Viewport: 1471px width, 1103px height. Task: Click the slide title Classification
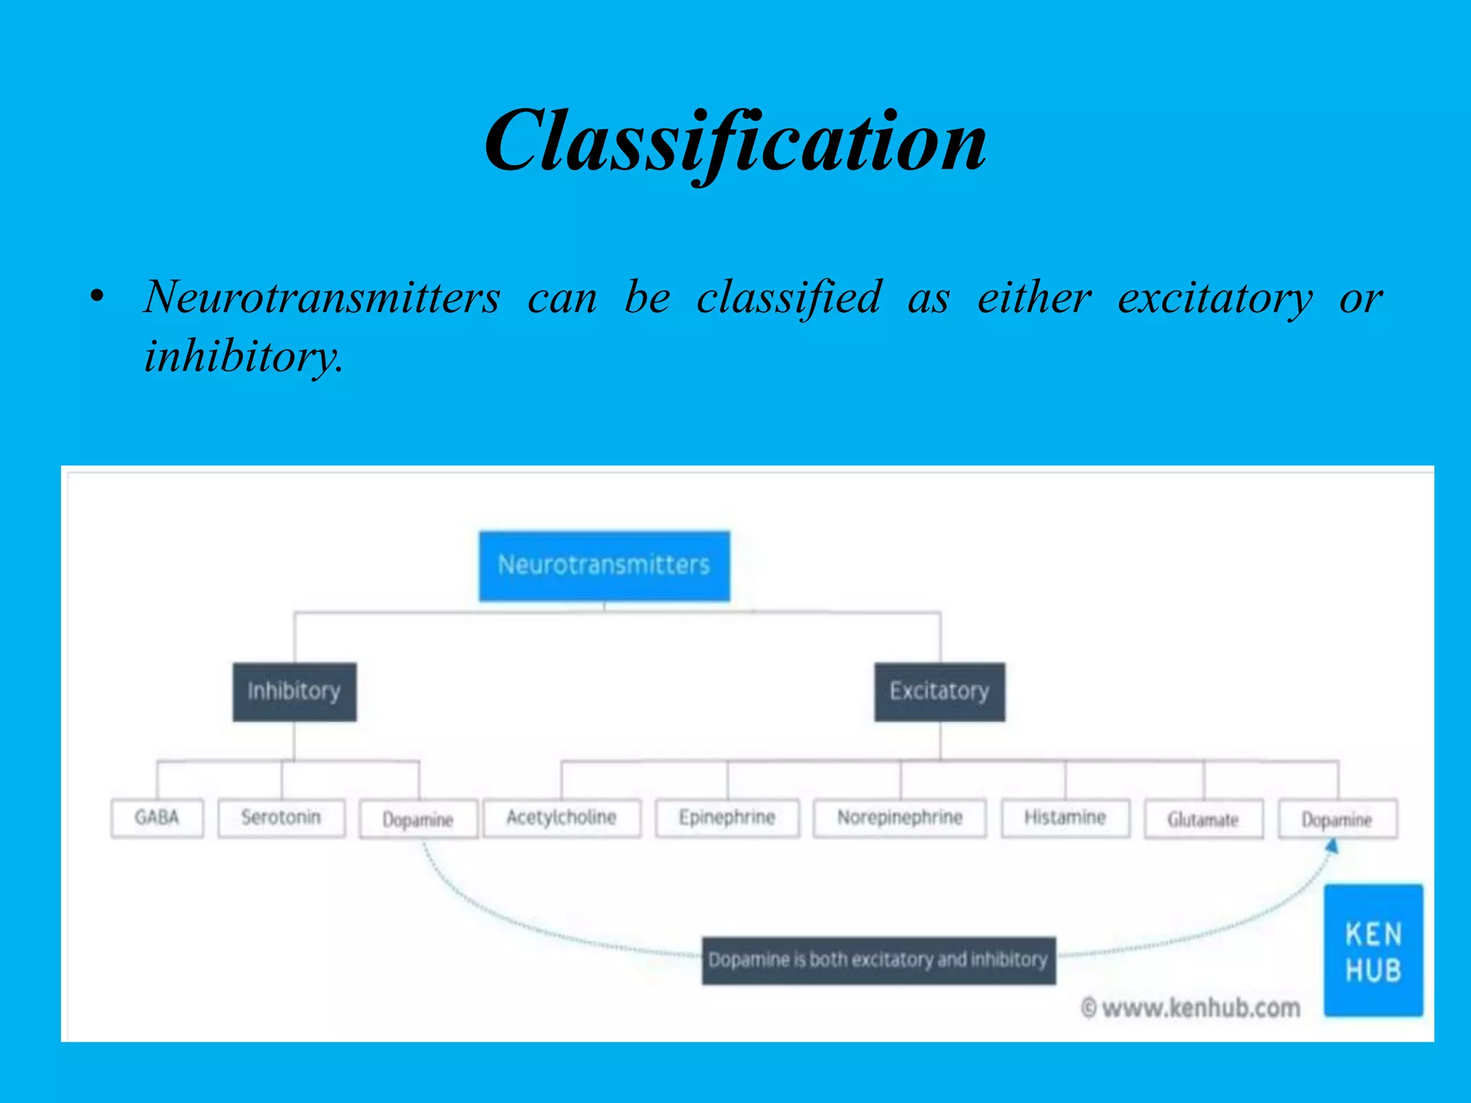point(735,141)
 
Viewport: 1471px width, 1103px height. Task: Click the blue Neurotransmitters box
point(604,566)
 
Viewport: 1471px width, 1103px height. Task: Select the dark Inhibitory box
point(294,692)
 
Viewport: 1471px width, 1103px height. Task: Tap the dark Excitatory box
point(939,692)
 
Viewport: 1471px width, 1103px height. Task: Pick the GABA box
point(157,818)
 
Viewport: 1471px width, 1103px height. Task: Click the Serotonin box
point(281,818)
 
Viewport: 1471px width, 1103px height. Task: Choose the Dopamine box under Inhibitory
point(418,819)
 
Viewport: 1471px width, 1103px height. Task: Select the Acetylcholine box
point(562,818)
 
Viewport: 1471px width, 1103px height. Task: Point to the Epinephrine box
point(727,818)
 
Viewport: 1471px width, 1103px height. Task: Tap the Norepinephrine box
point(899,818)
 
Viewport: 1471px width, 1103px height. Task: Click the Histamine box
point(1065,818)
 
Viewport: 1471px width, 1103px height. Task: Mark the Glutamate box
point(1203,819)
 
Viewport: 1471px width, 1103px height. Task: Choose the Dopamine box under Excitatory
point(1337,819)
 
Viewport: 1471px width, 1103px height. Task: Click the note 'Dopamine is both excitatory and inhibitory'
point(878,960)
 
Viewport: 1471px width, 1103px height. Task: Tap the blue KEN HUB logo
point(1373,950)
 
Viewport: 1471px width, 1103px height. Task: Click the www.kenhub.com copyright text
point(1191,1008)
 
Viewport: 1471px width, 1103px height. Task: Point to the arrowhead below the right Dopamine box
point(1332,847)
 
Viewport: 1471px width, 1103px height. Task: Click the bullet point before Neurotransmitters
point(98,297)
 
